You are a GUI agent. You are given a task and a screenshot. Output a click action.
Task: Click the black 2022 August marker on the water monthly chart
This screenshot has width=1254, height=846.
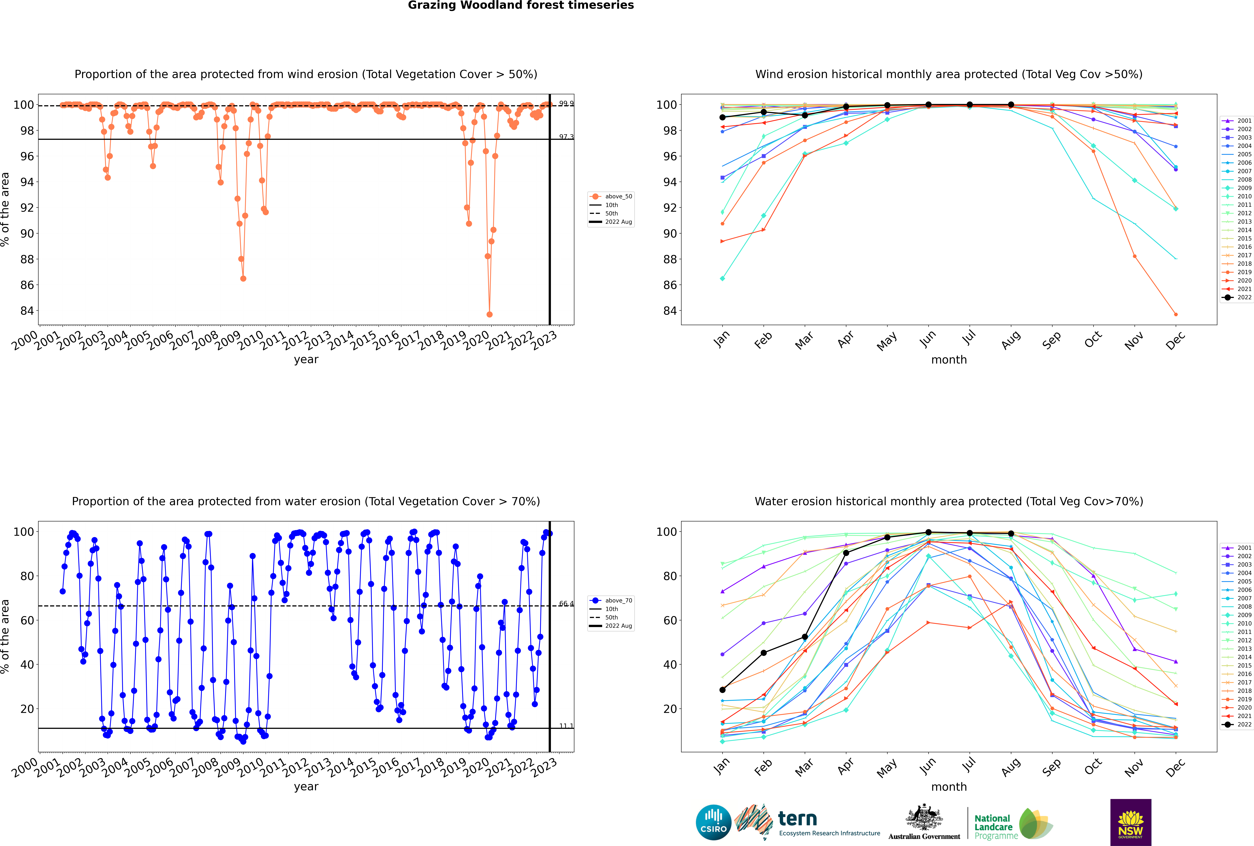coord(1011,534)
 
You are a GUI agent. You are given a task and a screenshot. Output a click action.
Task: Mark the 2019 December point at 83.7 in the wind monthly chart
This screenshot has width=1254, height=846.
coord(1176,315)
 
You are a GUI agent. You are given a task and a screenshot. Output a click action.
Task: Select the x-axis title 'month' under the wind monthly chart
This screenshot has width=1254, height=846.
coord(949,360)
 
